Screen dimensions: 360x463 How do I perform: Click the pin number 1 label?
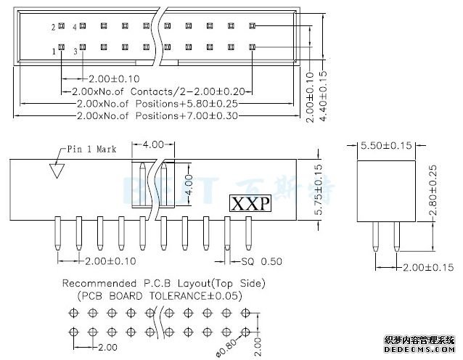tap(54, 51)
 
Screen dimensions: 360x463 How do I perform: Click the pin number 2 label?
tap(54, 27)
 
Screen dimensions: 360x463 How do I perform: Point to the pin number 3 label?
tap(75, 52)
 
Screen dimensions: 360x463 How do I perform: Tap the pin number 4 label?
tap(75, 27)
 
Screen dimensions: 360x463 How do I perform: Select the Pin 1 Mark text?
tap(91, 150)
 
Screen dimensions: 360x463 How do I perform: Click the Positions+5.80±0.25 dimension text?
tap(157, 104)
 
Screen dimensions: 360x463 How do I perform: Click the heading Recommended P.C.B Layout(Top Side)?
tap(163, 284)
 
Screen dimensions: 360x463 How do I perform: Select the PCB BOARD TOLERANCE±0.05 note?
tap(160, 295)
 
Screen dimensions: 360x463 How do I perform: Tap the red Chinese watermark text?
tap(420, 340)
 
